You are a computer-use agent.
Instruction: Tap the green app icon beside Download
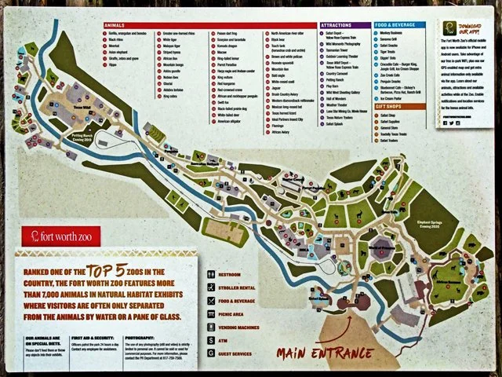pos(442,35)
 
